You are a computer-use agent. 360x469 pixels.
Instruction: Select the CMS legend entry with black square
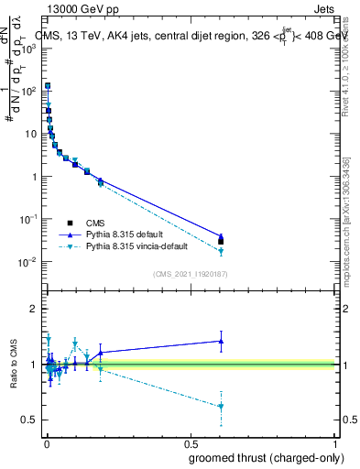[x=96, y=223]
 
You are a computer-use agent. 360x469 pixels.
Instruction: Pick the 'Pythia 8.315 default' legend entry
[x=127, y=234]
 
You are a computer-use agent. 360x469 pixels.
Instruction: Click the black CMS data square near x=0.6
[x=221, y=242]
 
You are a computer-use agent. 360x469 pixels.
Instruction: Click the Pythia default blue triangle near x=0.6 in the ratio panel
[x=221, y=341]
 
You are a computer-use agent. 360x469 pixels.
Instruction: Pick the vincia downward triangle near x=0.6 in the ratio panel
[x=221, y=407]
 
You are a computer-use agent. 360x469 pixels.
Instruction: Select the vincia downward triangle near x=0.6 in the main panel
[x=221, y=251]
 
